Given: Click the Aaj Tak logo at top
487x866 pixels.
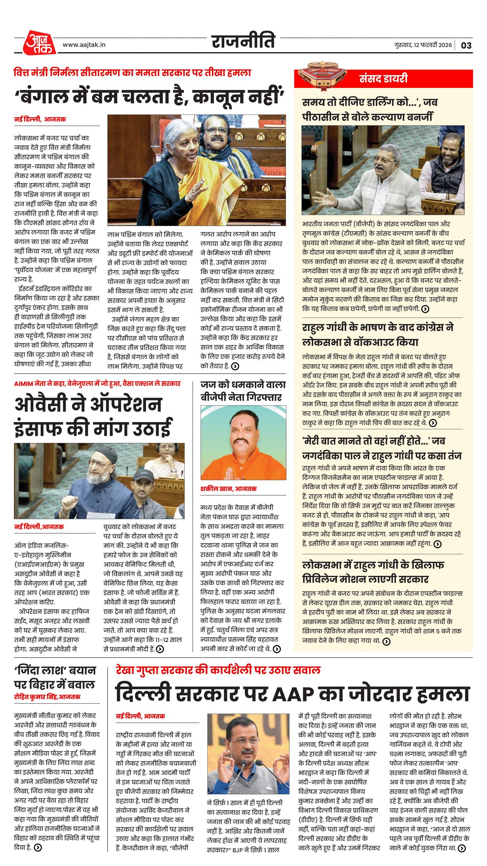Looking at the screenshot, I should [x=39, y=42].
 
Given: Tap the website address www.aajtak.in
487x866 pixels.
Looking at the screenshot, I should [x=84, y=45].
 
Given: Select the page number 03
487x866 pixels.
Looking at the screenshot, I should [x=466, y=45].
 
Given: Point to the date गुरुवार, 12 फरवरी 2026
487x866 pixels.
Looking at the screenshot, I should [x=423, y=45].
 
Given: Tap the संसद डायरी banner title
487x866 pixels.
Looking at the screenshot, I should [x=383, y=78].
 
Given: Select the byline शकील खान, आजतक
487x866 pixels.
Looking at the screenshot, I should [x=228, y=489].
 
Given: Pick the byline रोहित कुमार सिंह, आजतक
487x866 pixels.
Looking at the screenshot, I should [x=47, y=697].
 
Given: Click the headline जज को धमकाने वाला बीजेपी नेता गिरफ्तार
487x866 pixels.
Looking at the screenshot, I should [x=243, y=391].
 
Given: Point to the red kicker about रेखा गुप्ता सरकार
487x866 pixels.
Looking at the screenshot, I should [x=218, y=670].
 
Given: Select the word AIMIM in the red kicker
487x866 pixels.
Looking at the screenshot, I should [x=23, y=384].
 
